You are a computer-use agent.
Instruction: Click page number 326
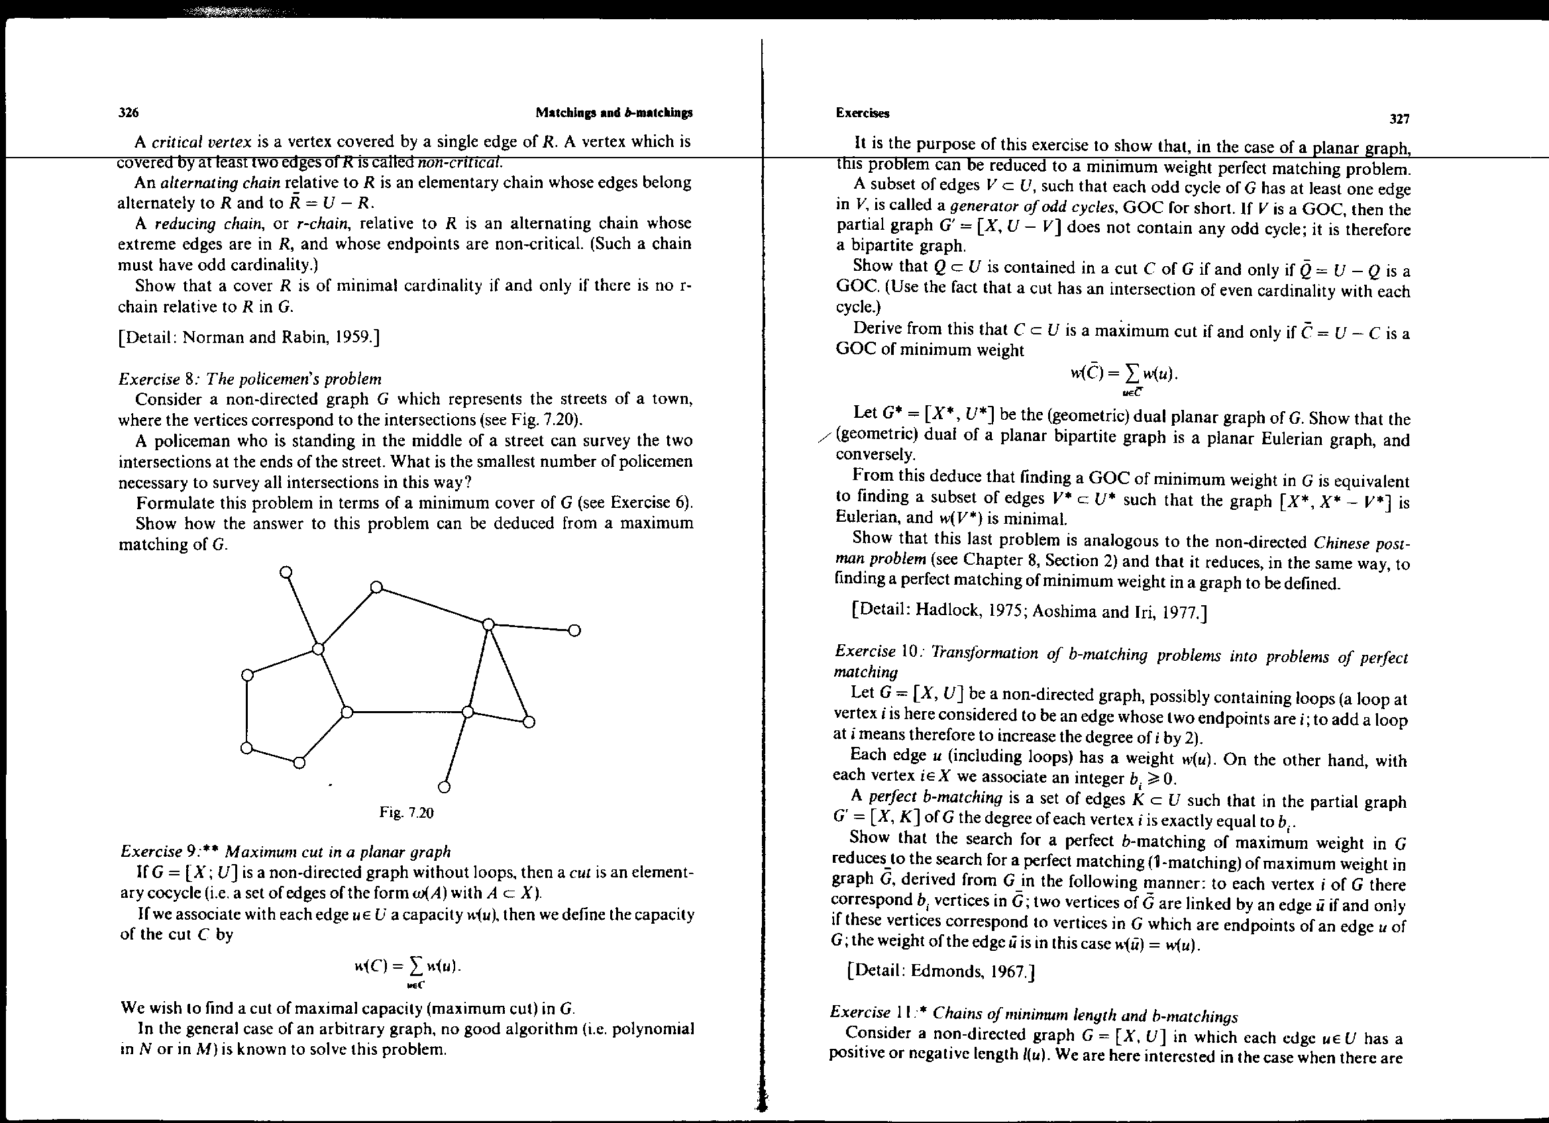(x=129, y=113)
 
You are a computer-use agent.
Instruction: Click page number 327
(x=1399, y=119)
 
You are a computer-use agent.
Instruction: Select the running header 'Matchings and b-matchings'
(x=614, y=113)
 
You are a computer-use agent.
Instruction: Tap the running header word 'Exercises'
(x=863, y=113)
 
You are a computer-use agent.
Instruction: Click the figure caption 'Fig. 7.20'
(x=406, y=812)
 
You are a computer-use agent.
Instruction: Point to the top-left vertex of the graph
(x=287, y=571)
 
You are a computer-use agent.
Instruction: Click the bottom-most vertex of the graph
(x=444, y=787)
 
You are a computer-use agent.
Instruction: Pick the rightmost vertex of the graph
(x=574, y=630)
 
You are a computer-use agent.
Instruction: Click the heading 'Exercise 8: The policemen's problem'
(x=250, y=379)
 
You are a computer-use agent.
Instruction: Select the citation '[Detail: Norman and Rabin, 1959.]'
(x=248, y=337)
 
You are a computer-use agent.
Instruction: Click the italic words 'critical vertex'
(x=201, y=142)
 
